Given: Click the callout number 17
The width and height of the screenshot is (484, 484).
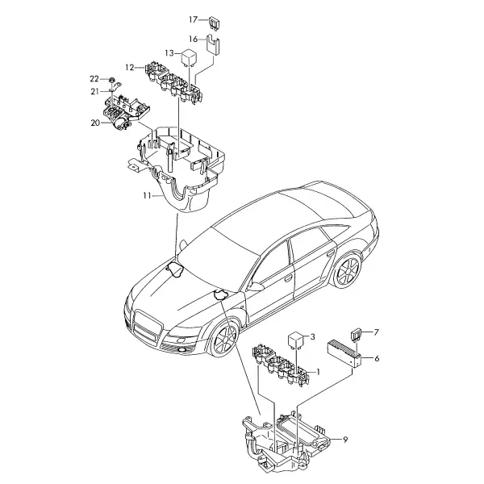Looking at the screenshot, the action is point(193,19).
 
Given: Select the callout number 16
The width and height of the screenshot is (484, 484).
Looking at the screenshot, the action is point(193,40).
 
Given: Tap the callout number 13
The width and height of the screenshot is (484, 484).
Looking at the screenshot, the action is point(169,53).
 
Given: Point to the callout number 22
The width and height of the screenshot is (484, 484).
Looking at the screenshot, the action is point(94,79).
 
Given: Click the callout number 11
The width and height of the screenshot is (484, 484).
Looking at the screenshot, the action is point(148,195).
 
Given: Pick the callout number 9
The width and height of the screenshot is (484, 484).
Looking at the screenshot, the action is point(345,440).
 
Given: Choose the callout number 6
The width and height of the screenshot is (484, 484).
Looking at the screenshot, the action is point(377,358).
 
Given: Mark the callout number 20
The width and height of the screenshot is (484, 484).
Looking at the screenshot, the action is point(95,123).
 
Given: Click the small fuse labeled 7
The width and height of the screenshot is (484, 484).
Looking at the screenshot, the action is point(356,335).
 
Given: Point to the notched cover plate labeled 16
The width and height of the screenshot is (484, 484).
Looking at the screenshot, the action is point(213,45).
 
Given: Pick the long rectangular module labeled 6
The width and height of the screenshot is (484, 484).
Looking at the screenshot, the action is point(344,353).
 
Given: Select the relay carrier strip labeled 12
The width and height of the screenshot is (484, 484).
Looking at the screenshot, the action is point(175,84).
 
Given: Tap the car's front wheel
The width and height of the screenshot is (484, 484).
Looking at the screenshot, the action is point(224,340).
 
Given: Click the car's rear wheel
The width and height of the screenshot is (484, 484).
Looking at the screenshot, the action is point(348,271).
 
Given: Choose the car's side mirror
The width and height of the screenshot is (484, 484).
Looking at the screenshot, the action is point(256,286).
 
